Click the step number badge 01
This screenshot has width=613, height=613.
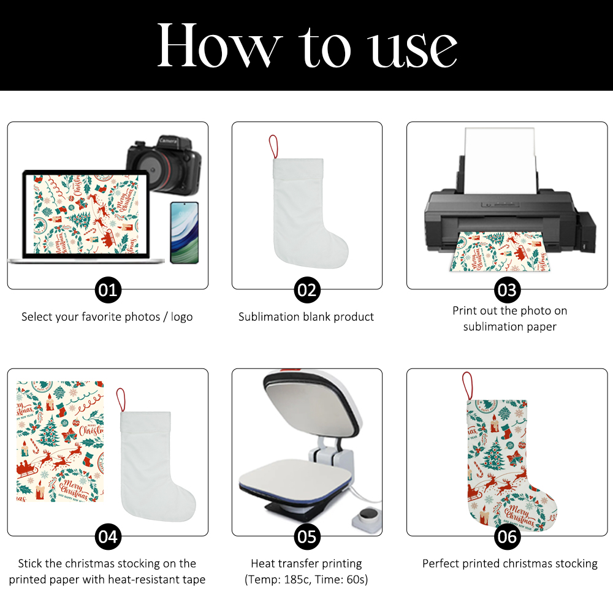click(108, 290)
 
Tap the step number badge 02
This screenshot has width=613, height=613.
click(307, 290)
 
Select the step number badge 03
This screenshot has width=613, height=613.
click(507, 290)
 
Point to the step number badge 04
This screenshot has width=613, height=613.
click(108, 537)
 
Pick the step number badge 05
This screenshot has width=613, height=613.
click(307, 537)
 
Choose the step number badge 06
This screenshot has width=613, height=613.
click(507, 537)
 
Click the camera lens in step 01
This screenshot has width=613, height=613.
click(153, 169)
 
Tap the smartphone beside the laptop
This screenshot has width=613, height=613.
click(184, 232)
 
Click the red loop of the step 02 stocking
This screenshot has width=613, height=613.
click(273, 147)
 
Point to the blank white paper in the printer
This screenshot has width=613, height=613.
click(500, 160)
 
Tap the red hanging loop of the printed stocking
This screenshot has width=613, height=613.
click(467, 386)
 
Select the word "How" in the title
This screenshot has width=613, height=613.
click(219, 45)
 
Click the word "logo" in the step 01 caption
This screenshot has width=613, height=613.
click(182, 317)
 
